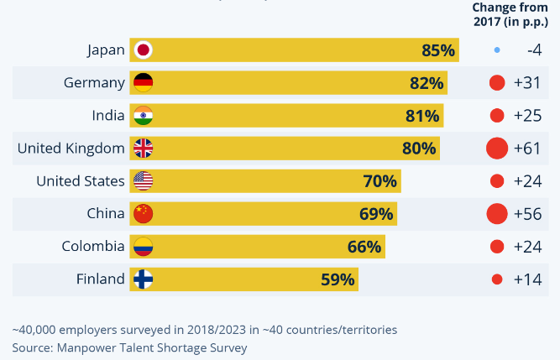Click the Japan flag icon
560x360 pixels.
[144, 50]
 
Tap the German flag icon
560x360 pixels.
[144, 83]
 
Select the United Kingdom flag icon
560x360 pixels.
[144, 149]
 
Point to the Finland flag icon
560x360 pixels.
[144, 279]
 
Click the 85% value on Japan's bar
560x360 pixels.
[438, 50]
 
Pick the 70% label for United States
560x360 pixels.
[380, 181]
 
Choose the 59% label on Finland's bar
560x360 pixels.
[338, 279]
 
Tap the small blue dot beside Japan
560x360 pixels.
[497, 50]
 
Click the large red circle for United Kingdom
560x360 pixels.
[497, 149]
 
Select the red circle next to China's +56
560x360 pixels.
[497, 214]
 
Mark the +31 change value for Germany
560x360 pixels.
[527, 83]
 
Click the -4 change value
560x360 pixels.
[534, 50]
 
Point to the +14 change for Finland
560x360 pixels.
[527, 279]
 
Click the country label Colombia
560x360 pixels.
[93, 247]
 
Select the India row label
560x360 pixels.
[108, 116]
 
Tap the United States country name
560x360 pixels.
[81, 181]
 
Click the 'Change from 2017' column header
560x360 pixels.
[509, 13]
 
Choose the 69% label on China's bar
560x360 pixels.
[376, 214]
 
